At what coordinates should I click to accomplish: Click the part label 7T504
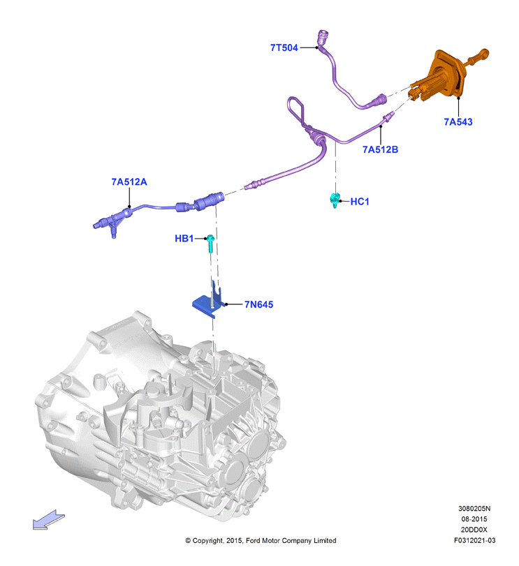(284, 47)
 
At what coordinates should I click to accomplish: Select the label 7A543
(458, 122)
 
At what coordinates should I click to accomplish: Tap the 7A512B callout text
(380, 149)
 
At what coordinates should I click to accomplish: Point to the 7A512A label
(129, 182)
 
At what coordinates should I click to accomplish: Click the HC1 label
(360, 202)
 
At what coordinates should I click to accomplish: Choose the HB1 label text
(184, 239)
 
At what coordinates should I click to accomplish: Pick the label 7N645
(258, 305)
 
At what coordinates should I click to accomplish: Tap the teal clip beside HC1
(335, 200)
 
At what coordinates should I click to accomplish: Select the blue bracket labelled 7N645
(208, 303)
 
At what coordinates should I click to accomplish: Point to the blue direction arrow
(48, 520)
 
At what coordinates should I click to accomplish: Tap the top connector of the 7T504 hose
(322, 37)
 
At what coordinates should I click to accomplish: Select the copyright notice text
(261, 540)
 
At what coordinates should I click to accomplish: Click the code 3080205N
(474, 509)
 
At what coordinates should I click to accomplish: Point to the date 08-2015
(474, 519)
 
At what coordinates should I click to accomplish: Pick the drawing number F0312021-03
(474, 540)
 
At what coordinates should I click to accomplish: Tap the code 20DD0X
(474, 530)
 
